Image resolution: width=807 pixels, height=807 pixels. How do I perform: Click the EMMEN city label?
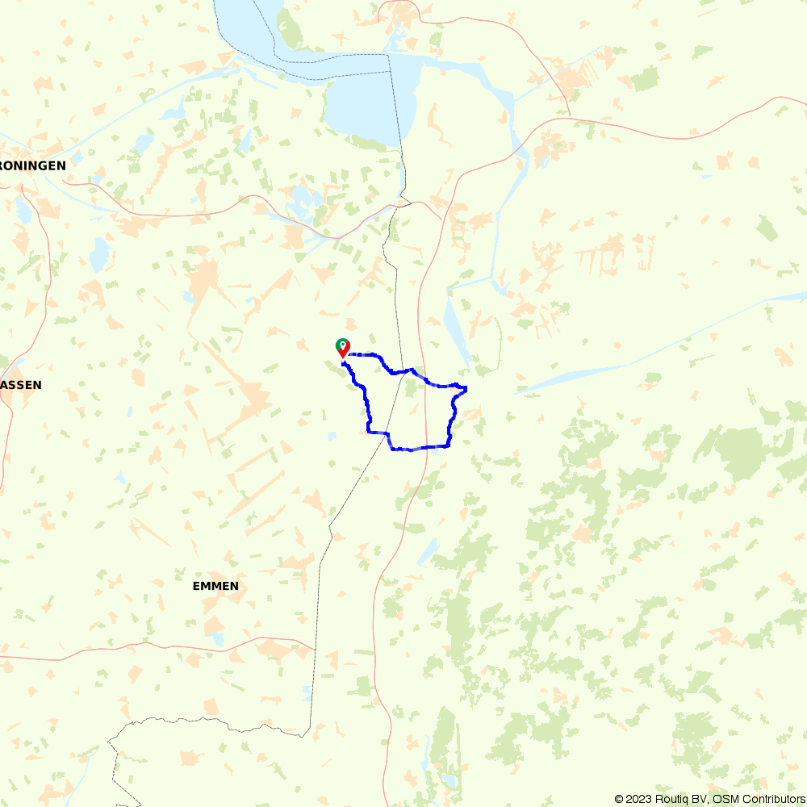(x=215, y=586)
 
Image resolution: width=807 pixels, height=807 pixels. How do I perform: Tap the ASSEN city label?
(x=21, y=385)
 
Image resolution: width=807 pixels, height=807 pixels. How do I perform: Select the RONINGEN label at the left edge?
(x=33, y=165)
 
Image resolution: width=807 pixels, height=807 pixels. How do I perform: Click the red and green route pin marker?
(x=342, y=348)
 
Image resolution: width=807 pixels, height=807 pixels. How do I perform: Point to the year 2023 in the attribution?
(x=641, y=799)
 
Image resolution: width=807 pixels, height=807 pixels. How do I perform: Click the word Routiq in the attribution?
(x=674, y=799)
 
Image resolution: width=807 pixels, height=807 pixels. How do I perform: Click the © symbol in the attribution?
(x=619, y=799)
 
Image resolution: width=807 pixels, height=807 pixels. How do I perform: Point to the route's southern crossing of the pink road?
(x=423, y=449)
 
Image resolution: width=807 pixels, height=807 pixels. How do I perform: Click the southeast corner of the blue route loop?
(x=449, y=445)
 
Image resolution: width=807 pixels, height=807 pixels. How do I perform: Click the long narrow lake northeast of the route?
(x=457, y=331)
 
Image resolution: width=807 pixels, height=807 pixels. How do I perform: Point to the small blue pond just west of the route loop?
(x=332, y=437)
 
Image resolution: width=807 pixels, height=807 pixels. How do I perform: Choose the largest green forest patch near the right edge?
(x=738, y=452)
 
